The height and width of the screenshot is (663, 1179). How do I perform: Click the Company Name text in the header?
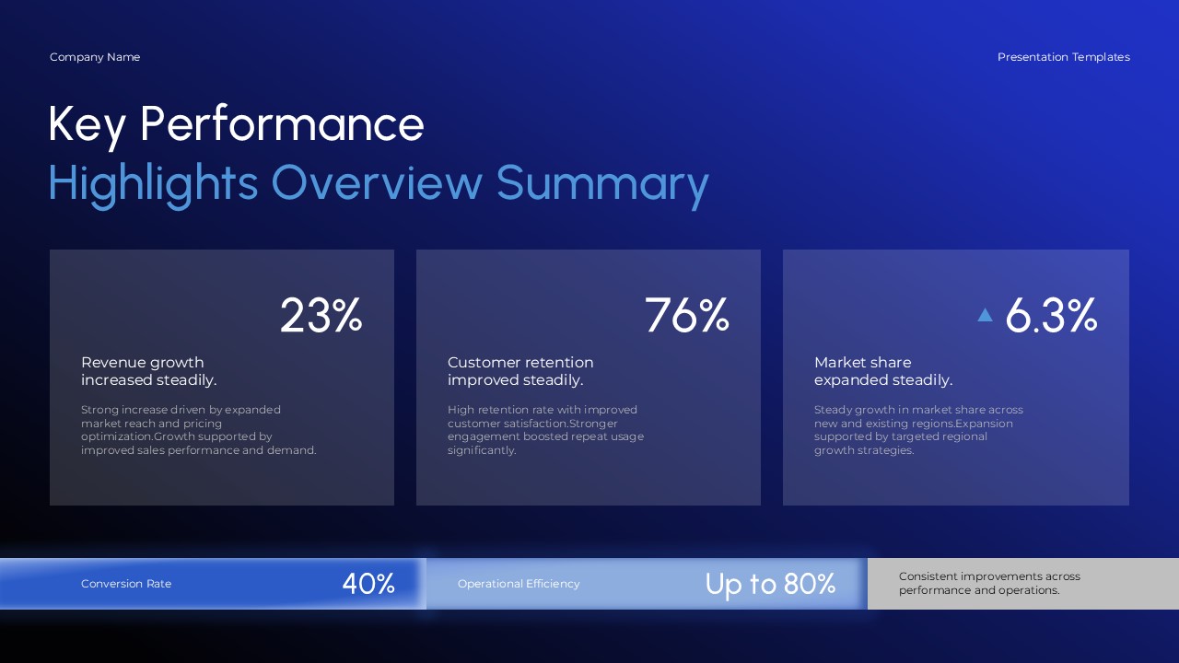(x=95, y=57)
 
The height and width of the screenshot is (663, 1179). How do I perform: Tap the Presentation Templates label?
(x=1063, y=57)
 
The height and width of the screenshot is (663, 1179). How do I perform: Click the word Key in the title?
(x=87, y=125)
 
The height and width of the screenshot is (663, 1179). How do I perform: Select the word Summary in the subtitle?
(x=602, y=182)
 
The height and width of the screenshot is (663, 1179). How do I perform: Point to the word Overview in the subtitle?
(x=376, y=182)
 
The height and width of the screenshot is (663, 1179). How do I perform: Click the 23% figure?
(x=321, y=316)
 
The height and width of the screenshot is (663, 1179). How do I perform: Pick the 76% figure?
(x=686, y=316)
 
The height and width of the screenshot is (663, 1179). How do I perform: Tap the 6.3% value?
(x=1051, y=316)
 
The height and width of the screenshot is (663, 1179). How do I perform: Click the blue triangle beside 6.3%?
(x=985, y=315)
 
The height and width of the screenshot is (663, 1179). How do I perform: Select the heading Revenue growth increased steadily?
(x=149, y=371)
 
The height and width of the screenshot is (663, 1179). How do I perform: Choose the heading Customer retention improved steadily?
(x=520, y=371)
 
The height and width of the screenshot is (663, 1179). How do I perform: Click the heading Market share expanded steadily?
(x=882, y=371)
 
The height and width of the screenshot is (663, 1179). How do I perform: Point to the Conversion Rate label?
(x=126, y=584)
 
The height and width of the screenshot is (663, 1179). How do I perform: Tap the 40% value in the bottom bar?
(x=368, y=584)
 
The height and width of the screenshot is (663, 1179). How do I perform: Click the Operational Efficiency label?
(x=519, y=584)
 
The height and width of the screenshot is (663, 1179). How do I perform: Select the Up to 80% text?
(x=770, y=584)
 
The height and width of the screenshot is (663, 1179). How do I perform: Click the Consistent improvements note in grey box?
(x=989, y=583)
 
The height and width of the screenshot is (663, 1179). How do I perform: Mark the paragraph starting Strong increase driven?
(x=198, y=430)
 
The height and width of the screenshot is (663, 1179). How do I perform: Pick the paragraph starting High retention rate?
(x=545, y=430)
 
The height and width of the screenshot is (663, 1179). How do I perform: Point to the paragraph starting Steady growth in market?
(x=918, y=430)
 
